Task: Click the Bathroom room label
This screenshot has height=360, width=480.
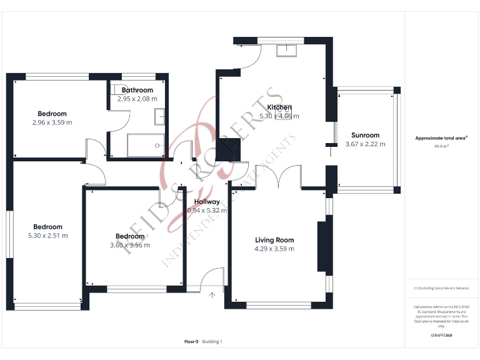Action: pos(137,90)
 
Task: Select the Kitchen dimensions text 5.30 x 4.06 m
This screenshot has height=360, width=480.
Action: pos(279,116)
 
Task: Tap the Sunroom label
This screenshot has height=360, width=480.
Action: pos(365,135)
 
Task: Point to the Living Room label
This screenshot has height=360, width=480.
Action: pos(274,240)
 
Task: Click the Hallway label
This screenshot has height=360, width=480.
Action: pos(207,202)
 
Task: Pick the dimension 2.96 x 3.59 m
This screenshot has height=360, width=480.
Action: pos(52,122)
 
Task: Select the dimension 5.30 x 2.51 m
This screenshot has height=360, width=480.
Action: pos(47,236)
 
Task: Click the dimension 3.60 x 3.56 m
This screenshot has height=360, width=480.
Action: pos(130,245)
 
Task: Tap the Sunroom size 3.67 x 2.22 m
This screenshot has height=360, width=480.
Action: pos(365,144)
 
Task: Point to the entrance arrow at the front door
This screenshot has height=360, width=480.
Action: pos(212,295)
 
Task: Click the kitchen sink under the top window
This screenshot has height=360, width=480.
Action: pos(287,50)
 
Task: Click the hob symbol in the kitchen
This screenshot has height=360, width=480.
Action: pos(284,110)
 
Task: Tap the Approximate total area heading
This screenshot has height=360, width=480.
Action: pos(441,139)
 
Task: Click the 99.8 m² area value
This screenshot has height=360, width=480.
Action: pos(441,147)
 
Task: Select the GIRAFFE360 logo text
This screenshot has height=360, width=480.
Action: pos(441,336)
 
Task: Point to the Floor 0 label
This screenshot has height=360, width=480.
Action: pos(191,341)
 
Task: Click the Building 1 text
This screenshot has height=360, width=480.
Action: pos(212,341)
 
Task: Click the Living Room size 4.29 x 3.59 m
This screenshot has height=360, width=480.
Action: pos(274,249)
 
